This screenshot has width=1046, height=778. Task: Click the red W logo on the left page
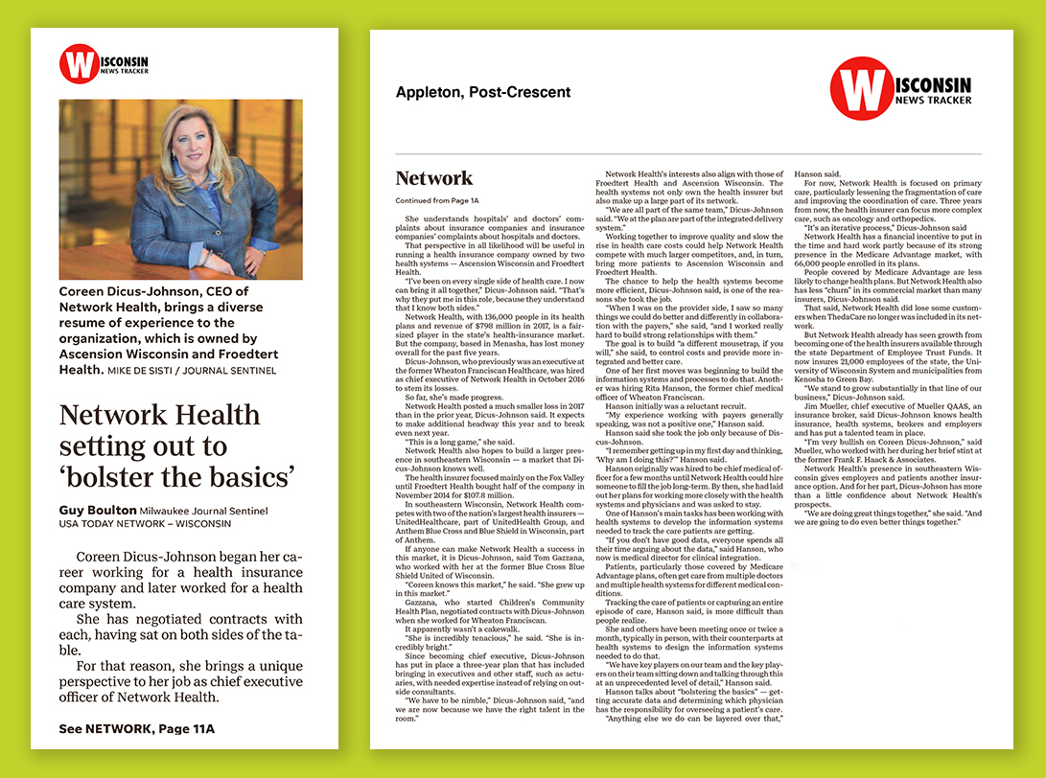[79, 64]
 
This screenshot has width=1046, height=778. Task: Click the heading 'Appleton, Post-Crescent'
[483, 93]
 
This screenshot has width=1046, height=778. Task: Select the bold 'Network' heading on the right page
[434, 178]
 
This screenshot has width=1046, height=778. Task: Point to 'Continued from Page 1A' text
[437, 200]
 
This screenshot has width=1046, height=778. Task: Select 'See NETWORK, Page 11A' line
[136, 729]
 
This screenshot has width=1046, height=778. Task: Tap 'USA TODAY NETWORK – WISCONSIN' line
[145, 524]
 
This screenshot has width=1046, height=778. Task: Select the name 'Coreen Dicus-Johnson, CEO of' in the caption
[153, 291]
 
